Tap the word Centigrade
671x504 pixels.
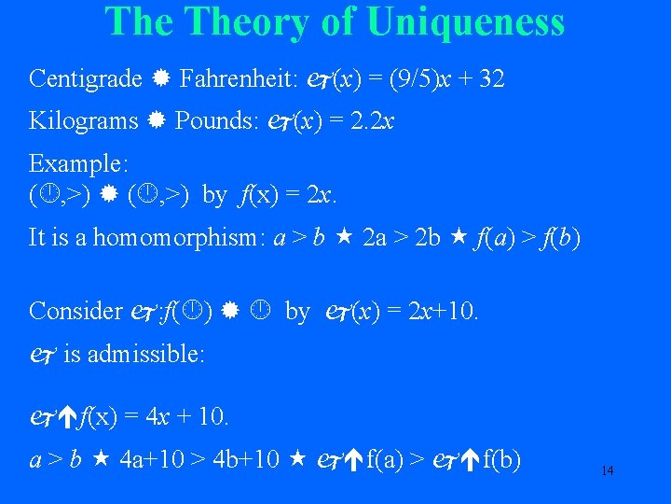point(86,78)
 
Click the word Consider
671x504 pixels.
point(75,311)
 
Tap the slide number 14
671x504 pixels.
point(607,470)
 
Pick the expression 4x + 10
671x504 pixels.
point(184,415)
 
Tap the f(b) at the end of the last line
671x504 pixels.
point(501,459)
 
